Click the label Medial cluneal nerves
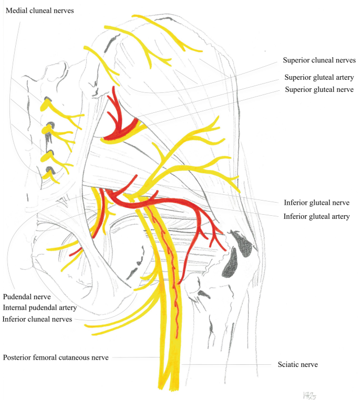(39, 10)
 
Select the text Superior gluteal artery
(319, 77)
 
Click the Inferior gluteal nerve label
(316, 203)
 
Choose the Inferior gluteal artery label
(317, 216)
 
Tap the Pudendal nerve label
(26, 297)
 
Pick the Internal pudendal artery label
(40, 308)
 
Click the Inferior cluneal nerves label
(37, 319)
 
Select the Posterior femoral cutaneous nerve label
(56, 357)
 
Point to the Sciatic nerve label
(297, 364)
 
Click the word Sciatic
(288, 364)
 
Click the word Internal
(16, 308)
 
